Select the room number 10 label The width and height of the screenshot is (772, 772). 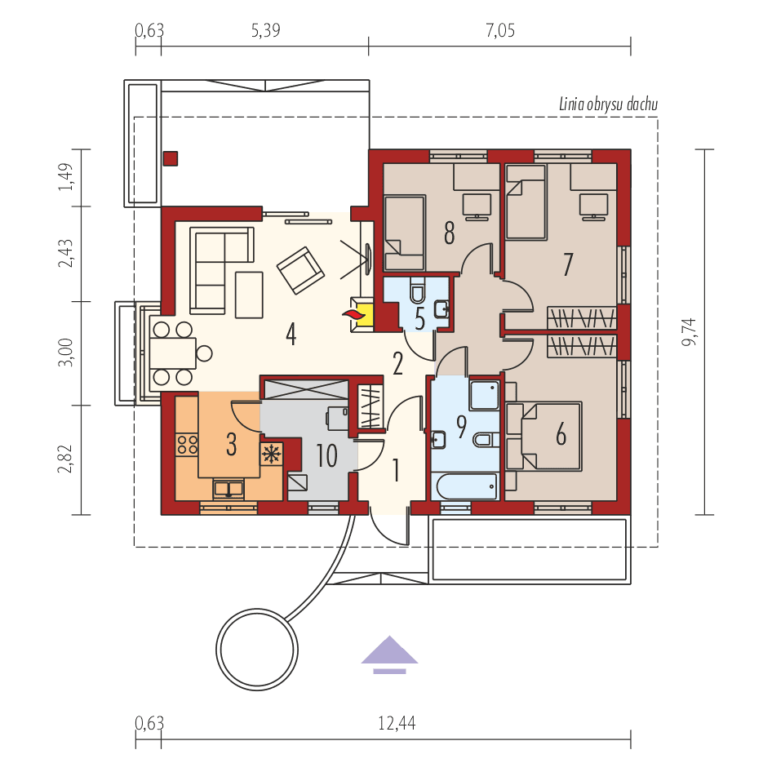326,455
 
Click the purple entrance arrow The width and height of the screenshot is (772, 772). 390,654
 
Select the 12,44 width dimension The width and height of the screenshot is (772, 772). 394,722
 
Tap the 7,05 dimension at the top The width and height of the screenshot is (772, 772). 500,31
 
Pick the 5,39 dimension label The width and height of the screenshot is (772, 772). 264,31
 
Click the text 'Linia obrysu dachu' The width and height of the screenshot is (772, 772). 608,104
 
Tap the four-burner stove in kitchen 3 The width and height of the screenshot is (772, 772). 188,444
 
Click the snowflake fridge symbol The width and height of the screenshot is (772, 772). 270,453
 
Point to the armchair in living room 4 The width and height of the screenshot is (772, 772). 299,269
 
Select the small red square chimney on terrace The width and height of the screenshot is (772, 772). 171,158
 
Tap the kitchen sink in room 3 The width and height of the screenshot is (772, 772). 229,489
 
